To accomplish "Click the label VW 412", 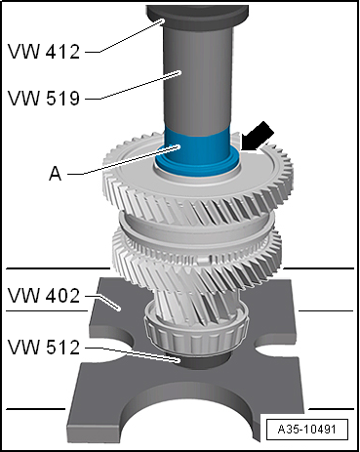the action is (x=44, y=52).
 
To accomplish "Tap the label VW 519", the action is (x=44, y=98).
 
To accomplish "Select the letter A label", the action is (x=55, y=174).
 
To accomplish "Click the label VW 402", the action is (x=44, y=296).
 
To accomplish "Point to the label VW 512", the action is (x=44, y=347).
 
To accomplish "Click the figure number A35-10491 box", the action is (x=306, y=429).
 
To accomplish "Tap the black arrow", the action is (x=259, y=136).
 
